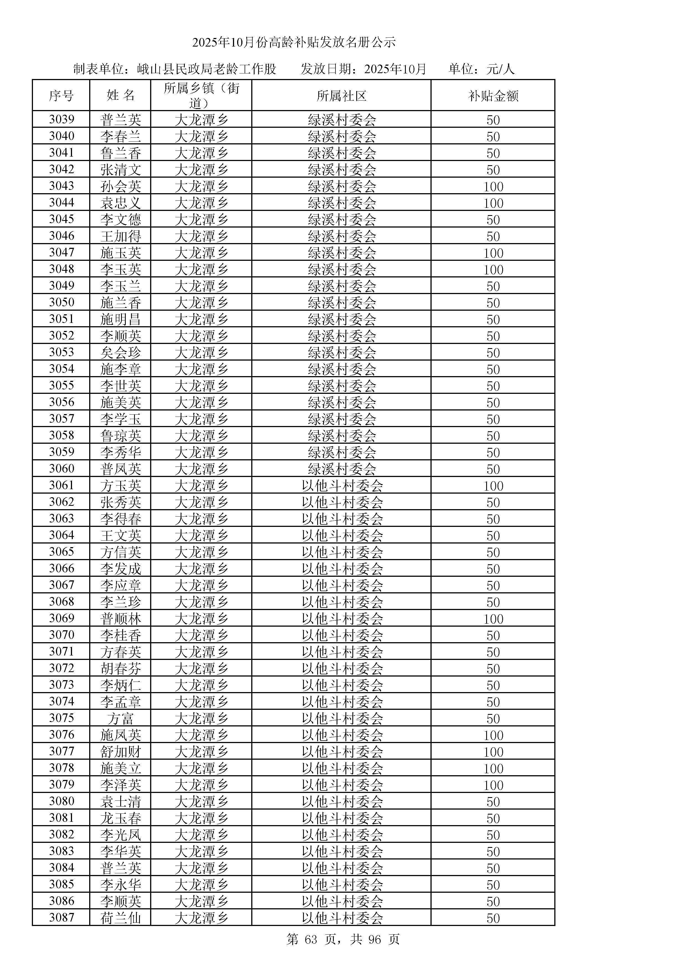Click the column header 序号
[x=61, y=96]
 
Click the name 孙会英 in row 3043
[x=121, y=186]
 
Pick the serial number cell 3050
[x=61, y=302]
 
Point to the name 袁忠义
[x=121, y=203]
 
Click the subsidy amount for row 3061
[x=493, y=486]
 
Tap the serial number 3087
[x=61, y=918]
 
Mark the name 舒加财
[x=121, y=752]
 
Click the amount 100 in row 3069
[x=493, y=619]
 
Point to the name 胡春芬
[x=121, y=669]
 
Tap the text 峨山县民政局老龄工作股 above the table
[x=206, y=69]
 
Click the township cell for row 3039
[x=201, y=120]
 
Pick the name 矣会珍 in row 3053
[x=121, y=352]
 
